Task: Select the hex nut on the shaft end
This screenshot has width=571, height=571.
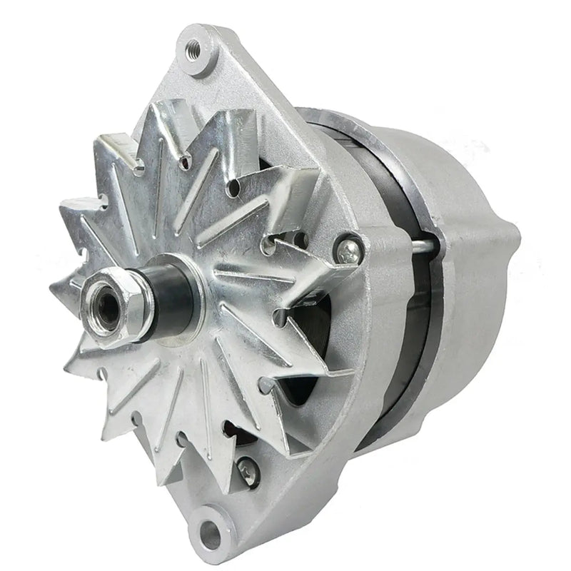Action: click(111, 303)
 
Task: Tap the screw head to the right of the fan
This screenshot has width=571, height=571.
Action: click(349, 248)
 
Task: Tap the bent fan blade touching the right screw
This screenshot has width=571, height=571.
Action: click(321, 261)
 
